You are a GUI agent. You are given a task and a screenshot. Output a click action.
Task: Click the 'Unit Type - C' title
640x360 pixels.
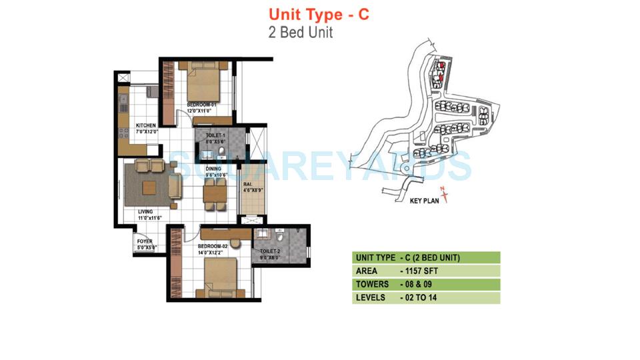318,14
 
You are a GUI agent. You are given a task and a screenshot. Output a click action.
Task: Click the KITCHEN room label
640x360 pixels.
146,125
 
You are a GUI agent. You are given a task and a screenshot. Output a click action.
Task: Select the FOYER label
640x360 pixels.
144,241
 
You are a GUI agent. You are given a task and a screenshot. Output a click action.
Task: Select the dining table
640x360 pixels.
214,193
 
